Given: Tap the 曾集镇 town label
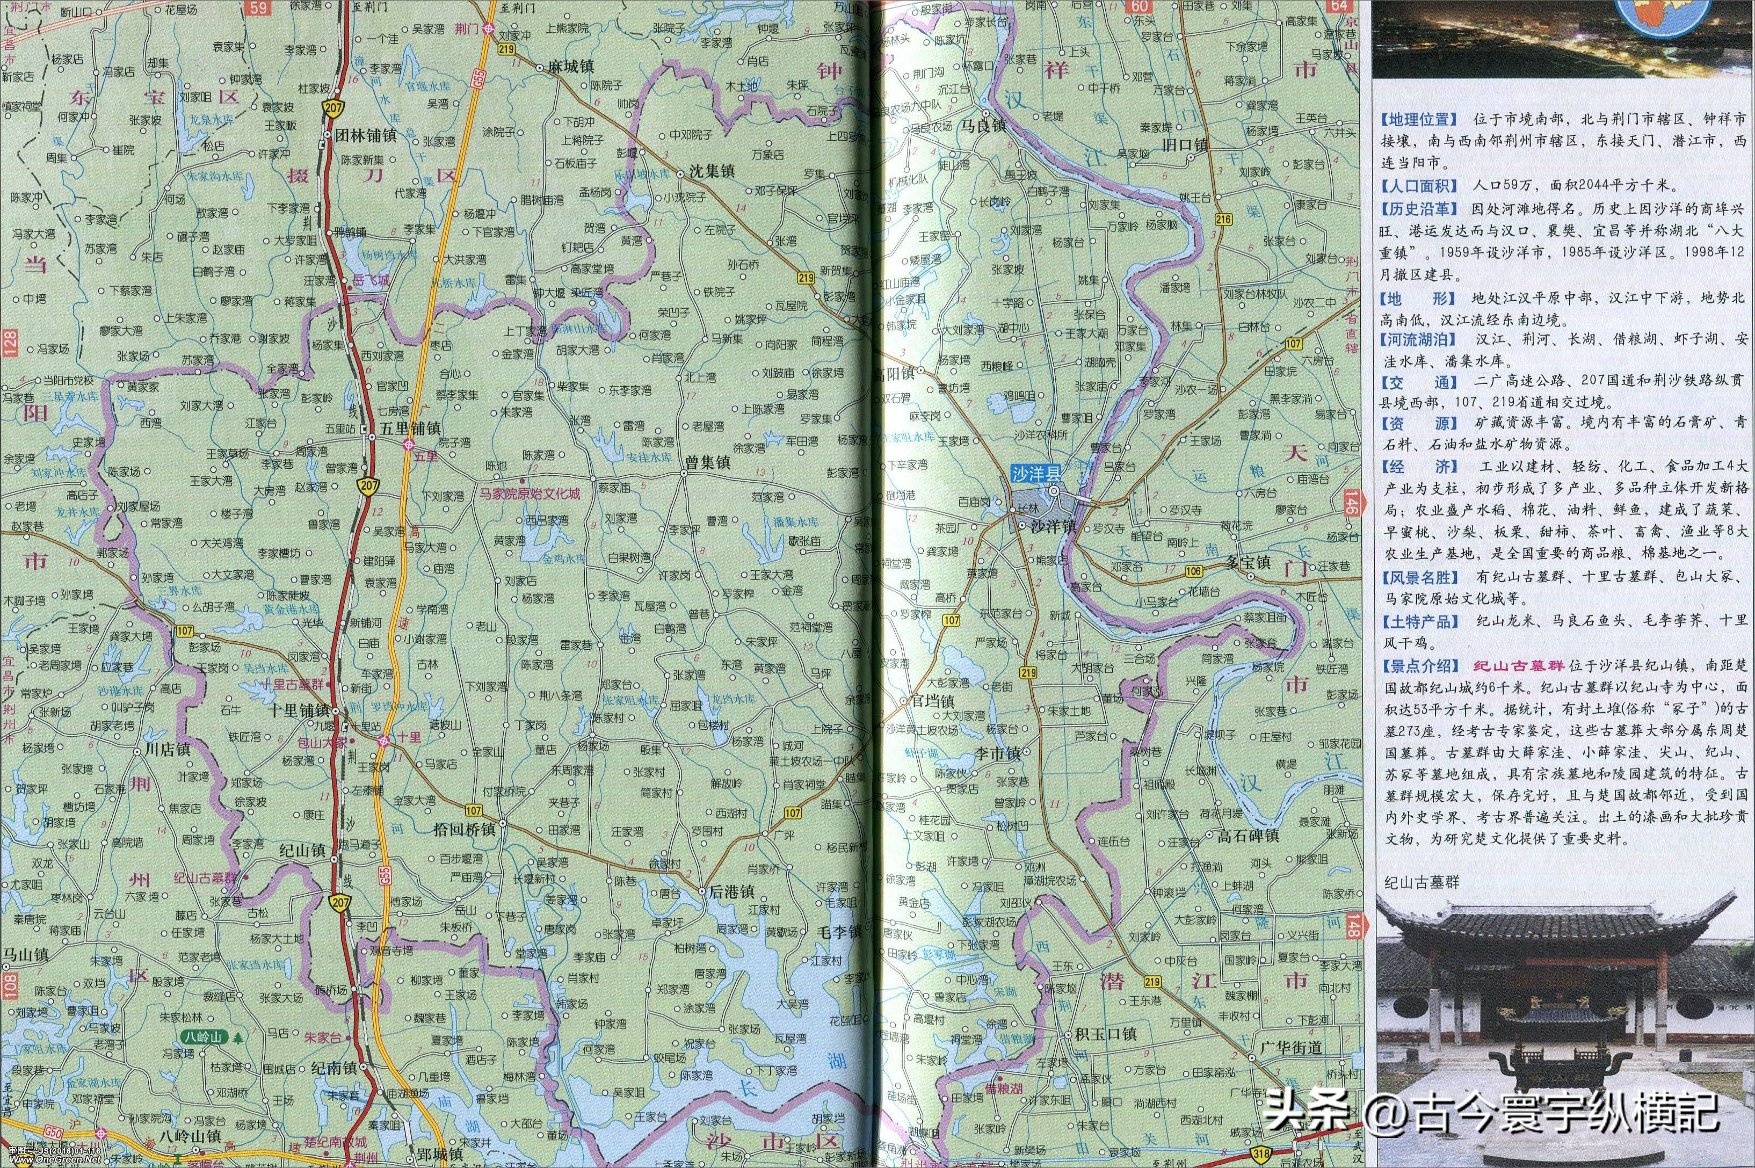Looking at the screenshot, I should point(708,462).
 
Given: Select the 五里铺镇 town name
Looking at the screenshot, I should point(410,430).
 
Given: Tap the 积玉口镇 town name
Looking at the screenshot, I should point(1105,1034).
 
